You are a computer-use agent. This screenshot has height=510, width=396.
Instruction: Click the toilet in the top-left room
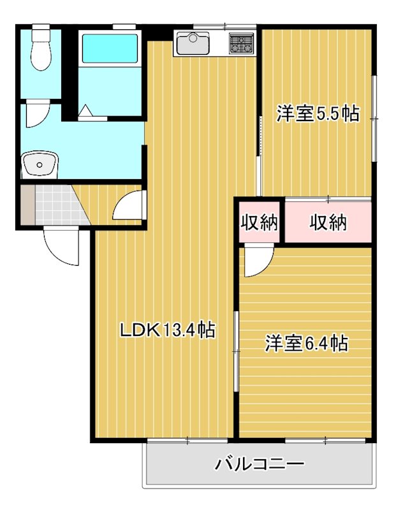point(41,52)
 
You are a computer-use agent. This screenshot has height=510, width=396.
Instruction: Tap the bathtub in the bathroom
point(110,48)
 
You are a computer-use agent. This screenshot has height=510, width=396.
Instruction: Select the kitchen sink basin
point(192,44)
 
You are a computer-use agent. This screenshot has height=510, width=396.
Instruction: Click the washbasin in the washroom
point(40,166)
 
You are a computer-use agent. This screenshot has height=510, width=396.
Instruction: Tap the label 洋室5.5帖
point(317,114)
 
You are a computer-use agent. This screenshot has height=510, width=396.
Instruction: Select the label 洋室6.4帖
point(306,344)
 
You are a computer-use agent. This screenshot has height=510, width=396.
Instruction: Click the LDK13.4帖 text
point(167,330)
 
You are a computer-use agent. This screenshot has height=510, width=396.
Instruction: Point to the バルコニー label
point(259,463)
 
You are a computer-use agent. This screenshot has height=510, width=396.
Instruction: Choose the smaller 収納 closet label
point(259,222)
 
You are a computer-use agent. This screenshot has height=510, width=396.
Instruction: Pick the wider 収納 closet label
point(328,222)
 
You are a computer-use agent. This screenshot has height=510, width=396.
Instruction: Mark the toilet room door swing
point(37,115)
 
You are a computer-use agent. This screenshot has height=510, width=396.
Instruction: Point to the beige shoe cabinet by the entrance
point(25,205)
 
